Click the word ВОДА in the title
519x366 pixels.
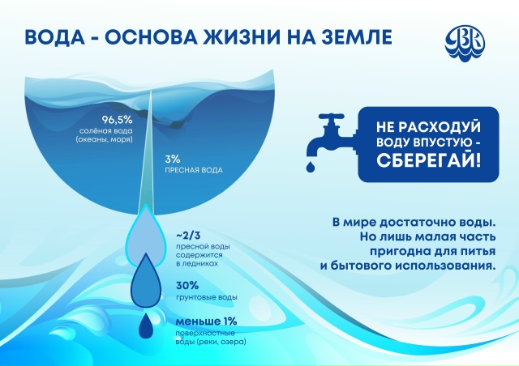54,36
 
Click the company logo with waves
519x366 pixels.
465,43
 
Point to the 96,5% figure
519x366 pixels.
117,119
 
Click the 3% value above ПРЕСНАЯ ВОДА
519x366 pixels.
173,160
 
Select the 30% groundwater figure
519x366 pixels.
187,285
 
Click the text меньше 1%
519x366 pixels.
207,321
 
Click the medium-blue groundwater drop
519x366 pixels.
146,281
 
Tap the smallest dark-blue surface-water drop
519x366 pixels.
146,326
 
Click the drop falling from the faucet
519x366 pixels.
311,168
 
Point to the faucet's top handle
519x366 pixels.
332,117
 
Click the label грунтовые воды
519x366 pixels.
207,297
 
